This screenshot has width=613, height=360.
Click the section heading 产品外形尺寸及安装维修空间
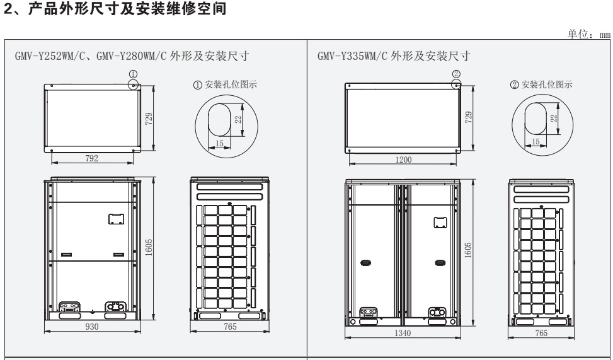pos(120,9)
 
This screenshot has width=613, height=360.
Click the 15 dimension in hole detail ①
pos(219,143)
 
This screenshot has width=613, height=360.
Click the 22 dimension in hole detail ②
pos(554,118)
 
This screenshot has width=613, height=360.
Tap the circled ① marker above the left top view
pos(132,74)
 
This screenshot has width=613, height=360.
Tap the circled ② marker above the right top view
pos(455,74)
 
